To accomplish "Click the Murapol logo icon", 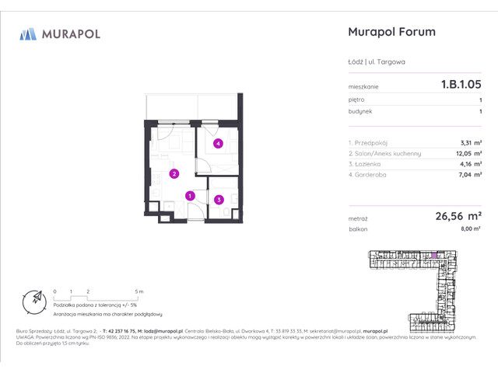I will point(28,33).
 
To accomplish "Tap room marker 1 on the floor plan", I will point(190,196).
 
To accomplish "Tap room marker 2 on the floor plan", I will point(175,174).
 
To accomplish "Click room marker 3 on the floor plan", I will point(219,200).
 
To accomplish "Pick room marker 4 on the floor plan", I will point(219,143).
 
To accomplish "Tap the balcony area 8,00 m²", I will point(470,230).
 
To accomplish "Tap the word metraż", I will point(358,218).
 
